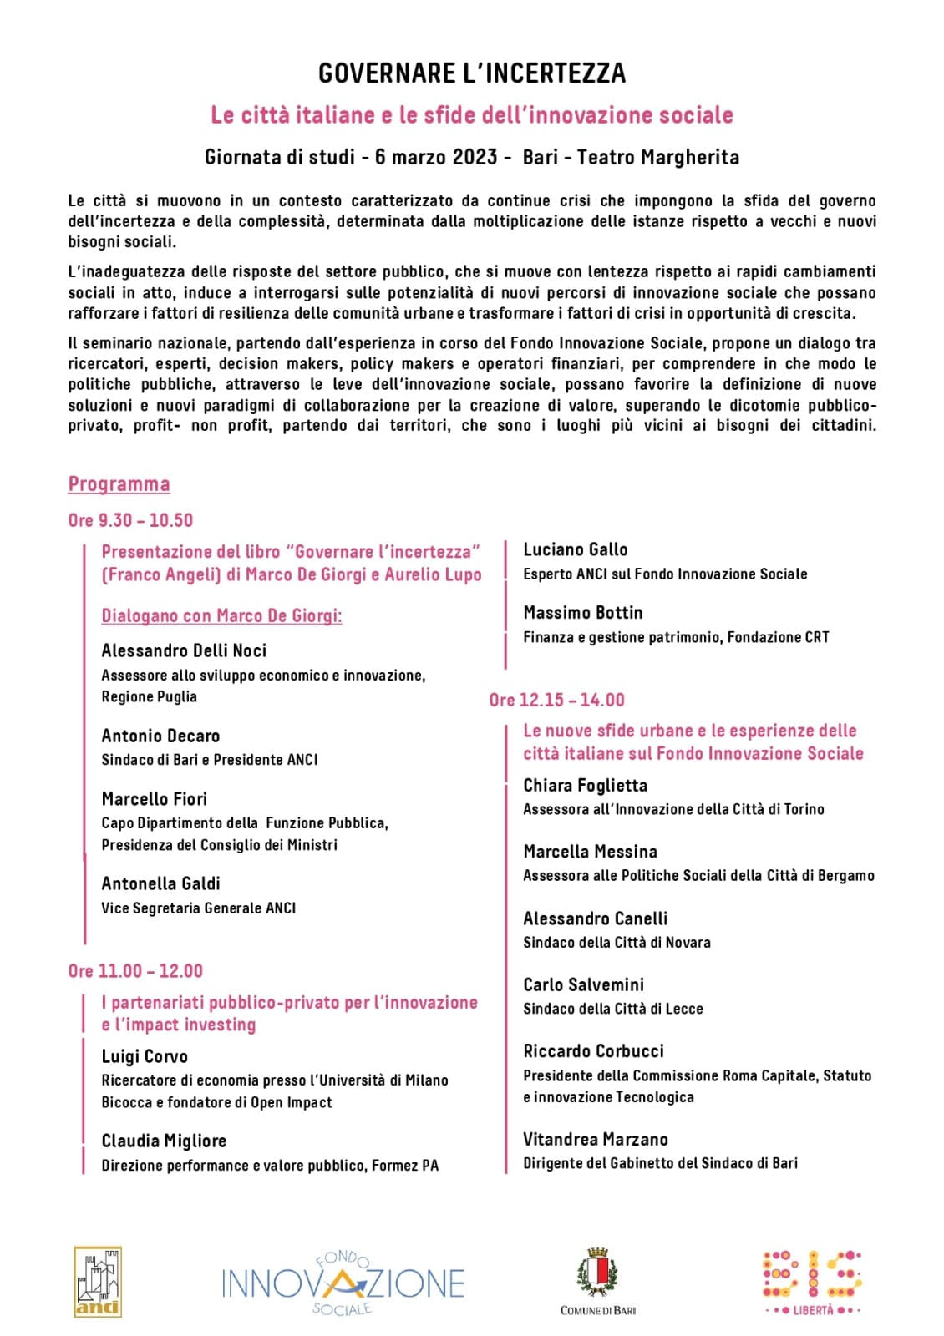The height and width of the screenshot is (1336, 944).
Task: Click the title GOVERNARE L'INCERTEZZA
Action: click(472, 73)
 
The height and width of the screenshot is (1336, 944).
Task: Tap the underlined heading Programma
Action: click(119, 484)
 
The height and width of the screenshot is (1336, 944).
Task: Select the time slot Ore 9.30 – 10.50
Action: click(130, 520)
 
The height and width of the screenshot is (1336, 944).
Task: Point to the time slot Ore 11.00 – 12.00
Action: click(135, 971)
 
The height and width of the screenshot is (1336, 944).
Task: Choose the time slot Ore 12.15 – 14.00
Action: click(556, 700)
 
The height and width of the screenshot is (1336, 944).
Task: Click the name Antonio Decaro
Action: click(160, 736)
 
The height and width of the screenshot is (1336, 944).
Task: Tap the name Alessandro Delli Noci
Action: click(184, 650)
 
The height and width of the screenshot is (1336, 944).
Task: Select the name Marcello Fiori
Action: click(155, 799)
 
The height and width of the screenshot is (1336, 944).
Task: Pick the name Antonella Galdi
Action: click(160, 883)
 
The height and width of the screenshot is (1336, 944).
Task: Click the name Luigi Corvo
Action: click(145, 1056)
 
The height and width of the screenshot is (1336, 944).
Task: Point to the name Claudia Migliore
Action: click(164, 1141)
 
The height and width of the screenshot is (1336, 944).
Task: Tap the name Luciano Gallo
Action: click(575, 549)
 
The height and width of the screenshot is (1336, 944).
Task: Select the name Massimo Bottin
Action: click(582, 613)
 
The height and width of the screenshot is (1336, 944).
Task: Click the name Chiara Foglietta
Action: click(585, 785)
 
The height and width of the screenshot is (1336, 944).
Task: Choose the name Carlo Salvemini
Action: click(583, 984)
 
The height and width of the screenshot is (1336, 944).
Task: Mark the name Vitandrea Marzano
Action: click(595, 1139)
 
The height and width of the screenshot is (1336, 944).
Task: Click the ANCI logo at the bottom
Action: click(98, 1282)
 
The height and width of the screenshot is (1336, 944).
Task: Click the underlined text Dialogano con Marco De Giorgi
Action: click(221, 616)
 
